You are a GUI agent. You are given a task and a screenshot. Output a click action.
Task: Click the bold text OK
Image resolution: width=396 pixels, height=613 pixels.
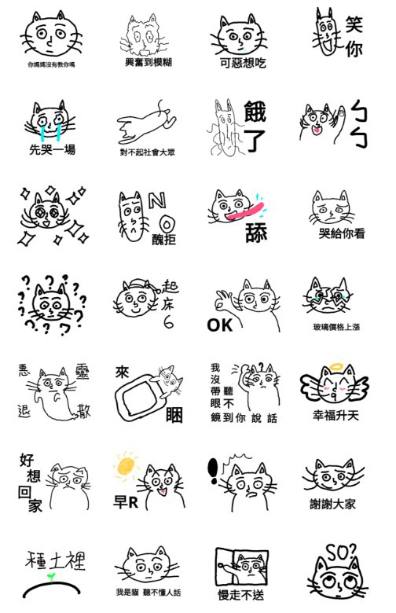click(x=220, y=324)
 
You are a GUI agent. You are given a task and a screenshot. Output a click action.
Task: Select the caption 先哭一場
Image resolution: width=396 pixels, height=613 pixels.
click(x=52, y=149)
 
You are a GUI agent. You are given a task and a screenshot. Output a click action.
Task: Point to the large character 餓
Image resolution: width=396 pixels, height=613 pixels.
click(x=256, y=113)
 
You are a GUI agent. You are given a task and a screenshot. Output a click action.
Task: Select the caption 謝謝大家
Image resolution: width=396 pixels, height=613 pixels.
click(x=333, y=504)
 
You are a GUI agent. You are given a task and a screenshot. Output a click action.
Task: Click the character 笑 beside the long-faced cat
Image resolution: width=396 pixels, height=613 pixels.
click(x=354, y=24)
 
